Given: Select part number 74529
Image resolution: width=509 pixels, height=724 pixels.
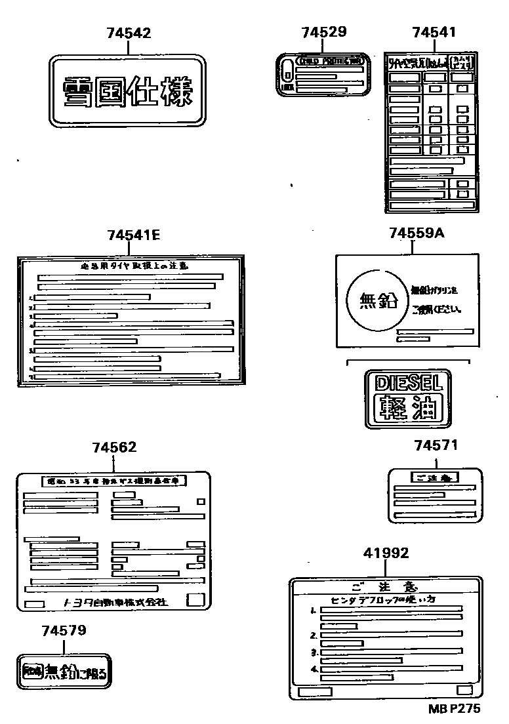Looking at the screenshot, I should point(324,33).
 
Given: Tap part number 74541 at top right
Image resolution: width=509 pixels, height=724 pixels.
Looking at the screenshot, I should point(434,33).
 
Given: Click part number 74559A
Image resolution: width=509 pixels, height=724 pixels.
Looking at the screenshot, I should point(417,233).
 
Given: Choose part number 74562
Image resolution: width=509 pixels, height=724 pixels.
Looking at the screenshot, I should point(114,447).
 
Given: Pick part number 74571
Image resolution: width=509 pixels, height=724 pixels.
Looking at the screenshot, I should point(436,446).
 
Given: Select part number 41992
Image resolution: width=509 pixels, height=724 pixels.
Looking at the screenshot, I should point(386,553).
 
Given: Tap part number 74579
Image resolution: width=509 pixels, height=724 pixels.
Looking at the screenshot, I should point(64,631).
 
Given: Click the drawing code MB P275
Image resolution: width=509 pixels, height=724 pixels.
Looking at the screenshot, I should point(454,709).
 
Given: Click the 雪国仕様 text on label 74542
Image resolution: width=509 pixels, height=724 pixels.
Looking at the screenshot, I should point(129,92).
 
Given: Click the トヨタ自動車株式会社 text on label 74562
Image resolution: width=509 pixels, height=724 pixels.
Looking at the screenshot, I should point(115,602).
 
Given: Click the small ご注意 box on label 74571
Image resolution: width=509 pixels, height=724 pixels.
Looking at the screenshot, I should point(434,477).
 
